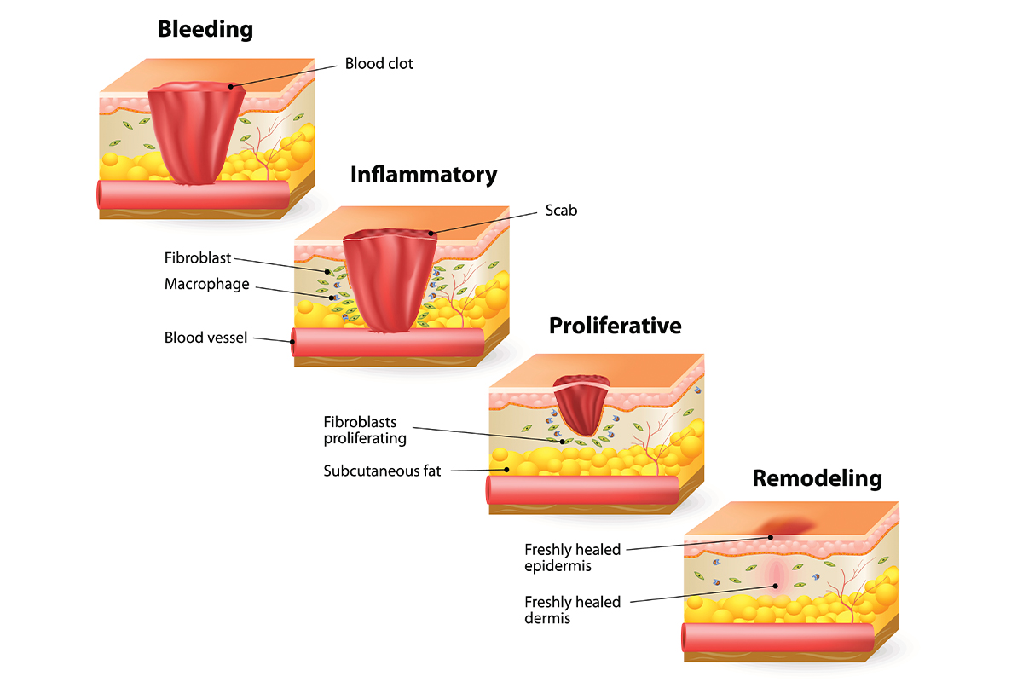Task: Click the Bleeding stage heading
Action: [x=205, y=29]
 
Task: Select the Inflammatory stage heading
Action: [x=424, y=175]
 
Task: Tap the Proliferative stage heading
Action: [x=616, y=326]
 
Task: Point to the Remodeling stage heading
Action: [x=817, y=478]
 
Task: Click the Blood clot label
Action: [x=379, y=64]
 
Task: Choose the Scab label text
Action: [x=561, y=210]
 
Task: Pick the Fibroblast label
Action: [x=198, y=257]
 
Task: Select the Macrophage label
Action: [x=207, y=284]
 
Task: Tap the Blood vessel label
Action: [x=205, y=338]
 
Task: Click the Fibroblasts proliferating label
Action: [x=365, y=431]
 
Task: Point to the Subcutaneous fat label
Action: [x=383, y=471]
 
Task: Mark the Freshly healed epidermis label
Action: [x=572, y=558]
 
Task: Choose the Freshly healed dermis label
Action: [x=572, y=610]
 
